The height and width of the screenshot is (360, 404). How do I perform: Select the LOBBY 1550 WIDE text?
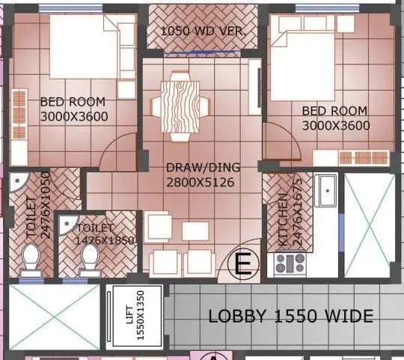(290, 317)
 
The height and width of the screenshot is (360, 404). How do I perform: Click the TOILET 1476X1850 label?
(105, 234)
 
